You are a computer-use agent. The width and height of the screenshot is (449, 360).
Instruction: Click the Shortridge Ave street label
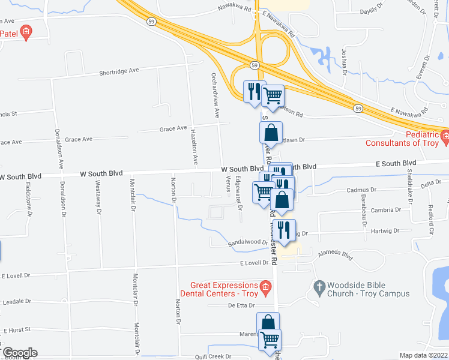point(119,71)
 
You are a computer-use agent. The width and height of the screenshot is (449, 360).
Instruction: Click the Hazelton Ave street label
point(195,149)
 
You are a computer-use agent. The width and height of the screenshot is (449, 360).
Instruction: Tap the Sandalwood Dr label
point(247,242)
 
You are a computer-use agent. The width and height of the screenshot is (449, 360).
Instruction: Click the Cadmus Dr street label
point(361,190)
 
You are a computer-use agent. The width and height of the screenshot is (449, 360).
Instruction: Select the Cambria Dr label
point(386,210)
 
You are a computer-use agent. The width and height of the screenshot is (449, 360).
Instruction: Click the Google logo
point(20,353)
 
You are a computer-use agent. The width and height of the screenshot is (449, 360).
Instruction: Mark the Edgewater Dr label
point(238,197)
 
